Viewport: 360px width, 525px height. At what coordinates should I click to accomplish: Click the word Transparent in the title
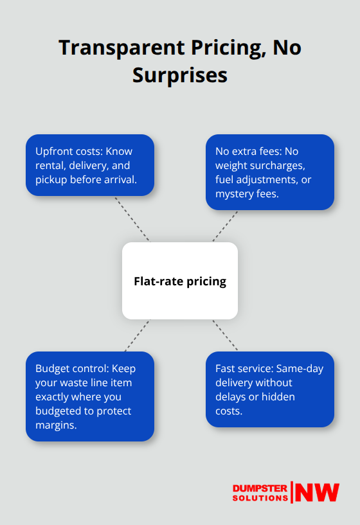click(x=122, y=48)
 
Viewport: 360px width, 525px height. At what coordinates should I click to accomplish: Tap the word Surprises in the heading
click(x=180, y=75)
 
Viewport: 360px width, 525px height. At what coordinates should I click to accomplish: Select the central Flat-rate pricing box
click(x=180, y=281)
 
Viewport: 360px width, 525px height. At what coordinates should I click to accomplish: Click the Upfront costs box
click(x=90, y=165)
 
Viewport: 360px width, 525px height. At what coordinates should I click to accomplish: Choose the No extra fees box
click(x=270, y=172)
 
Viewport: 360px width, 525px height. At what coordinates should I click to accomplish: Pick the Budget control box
click(x=90, y=396)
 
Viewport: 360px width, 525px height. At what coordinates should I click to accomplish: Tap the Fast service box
click(x=270, y=389)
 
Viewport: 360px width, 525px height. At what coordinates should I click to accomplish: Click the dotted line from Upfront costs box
click(x=132, y=219)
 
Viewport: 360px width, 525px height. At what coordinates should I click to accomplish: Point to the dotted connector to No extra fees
click(x=225, y=226)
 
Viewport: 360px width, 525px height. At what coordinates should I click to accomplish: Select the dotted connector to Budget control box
click(x=138, y=335)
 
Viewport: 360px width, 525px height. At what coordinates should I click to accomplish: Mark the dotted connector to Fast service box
click(x=225, y=335)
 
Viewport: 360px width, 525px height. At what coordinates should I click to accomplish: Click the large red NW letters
click(x=317, y=492)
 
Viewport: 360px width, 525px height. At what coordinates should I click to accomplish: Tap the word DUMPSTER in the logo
click(x=260, y=488)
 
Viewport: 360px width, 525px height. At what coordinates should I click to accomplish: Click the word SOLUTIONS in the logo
click(x=260, y=498)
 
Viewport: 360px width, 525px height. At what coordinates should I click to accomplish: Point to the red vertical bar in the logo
click(x=292, y=492)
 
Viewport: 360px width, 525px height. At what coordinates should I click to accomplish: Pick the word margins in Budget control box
click(x=56, y=425)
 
